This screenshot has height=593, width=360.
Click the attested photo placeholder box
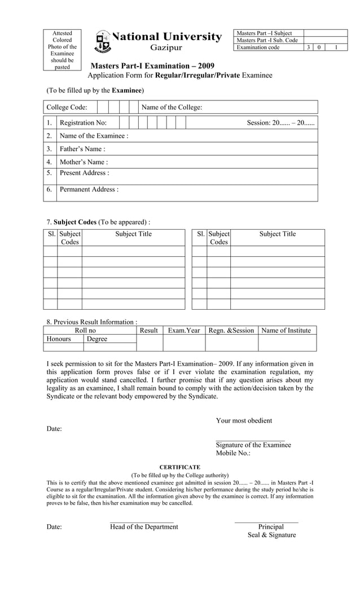tap(62, 50)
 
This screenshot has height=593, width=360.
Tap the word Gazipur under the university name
tap(166, 49)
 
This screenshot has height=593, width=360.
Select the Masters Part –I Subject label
tap(264, 33)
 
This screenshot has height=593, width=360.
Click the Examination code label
tap(258, 47)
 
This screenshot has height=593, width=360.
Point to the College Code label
tap(67, 107)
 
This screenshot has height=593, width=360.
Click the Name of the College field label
tap(172, 107)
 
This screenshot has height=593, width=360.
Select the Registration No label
tap(83, 122)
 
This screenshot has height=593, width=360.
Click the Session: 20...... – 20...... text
tap(281, 122)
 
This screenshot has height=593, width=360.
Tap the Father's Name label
tap(82, 149)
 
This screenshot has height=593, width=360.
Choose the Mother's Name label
tap(84, 162)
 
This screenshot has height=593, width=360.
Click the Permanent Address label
tap(89, 190)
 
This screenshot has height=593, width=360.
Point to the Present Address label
tap(84, 173)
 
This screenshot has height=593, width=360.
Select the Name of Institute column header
tap(286, 330)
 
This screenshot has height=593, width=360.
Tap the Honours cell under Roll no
tap(59, 339)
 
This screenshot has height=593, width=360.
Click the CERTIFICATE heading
tap(179, 467)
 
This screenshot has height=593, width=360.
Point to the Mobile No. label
tap(232, 453)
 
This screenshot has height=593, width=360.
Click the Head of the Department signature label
tap(144, 527)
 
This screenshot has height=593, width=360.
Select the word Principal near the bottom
tap(271, 527)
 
